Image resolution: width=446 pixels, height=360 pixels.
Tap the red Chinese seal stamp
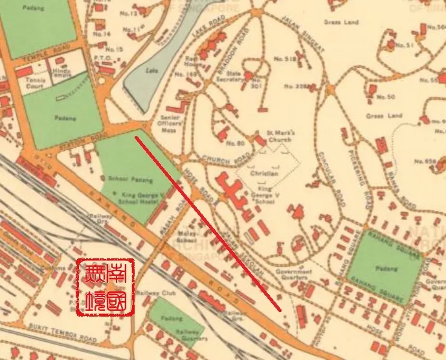click(105, 289)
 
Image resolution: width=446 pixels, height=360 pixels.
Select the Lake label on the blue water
click(153, 71)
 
